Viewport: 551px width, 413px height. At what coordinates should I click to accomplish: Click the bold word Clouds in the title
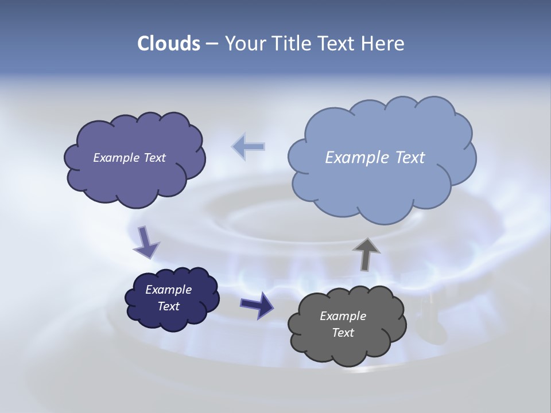[169, 44]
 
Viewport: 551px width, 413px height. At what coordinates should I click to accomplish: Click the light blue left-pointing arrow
[248, 147]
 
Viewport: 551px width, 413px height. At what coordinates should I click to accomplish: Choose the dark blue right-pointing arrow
[257, 305]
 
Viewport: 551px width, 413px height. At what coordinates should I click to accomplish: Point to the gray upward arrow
[366, 254]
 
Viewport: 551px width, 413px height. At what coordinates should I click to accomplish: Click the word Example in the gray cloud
[343, 316]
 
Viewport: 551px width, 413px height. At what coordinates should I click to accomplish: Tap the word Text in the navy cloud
[169, 306]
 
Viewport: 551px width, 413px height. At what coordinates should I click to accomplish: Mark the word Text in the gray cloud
[343, 333]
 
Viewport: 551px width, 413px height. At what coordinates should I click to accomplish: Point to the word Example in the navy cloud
[169, 290]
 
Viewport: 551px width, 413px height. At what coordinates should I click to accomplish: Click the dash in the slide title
[211, 44]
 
